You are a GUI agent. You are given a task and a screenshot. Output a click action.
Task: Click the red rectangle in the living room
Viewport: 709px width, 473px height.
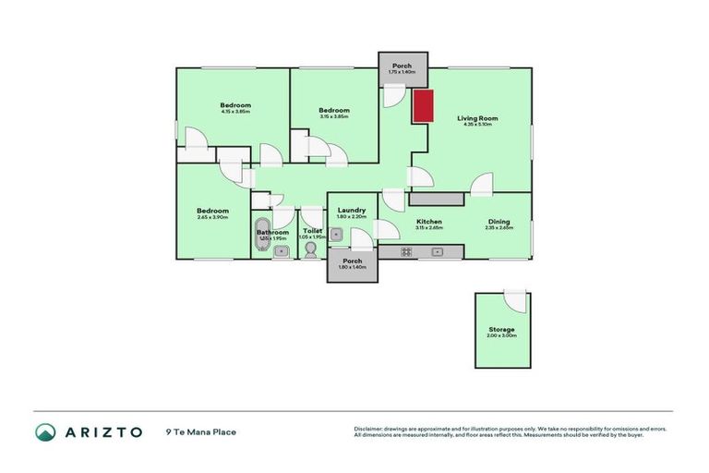click(423, 106)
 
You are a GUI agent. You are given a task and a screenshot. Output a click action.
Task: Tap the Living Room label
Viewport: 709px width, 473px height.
click(477, 118)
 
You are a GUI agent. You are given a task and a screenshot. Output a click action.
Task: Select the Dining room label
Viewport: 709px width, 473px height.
click(499, 222)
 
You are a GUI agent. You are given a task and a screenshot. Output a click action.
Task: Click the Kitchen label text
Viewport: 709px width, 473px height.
click(428, 222)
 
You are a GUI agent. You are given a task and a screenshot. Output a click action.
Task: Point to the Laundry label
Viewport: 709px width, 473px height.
click(353, 211)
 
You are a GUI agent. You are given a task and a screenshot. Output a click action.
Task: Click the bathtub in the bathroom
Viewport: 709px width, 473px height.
click(262, 234)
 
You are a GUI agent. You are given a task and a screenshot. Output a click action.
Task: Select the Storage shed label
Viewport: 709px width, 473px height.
click(501, 329)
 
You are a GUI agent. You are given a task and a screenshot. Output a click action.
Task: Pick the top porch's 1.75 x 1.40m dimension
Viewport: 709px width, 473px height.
click(403, 72)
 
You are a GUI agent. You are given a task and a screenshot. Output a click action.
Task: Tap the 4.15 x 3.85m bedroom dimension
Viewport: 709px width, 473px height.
click(235, 113)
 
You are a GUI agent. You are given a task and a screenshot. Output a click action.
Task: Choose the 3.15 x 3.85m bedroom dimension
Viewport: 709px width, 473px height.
click(333, 115)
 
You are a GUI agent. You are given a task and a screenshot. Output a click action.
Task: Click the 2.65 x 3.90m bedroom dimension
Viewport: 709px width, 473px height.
click(212, 217)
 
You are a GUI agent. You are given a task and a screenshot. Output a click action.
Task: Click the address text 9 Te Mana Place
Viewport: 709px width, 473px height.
click(201, 431)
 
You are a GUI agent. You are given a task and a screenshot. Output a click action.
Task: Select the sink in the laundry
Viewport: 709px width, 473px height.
click(337, 235)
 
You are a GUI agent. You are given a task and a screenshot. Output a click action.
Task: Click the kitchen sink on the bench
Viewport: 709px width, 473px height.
click(439, 251)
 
